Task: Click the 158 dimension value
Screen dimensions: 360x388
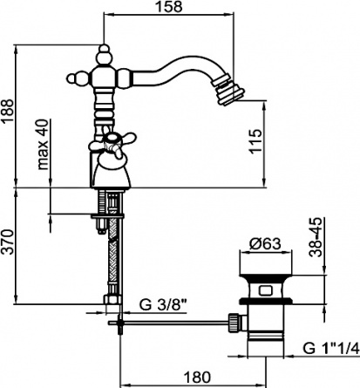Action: pos(170,7)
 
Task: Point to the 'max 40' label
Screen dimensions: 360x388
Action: pos(44,145)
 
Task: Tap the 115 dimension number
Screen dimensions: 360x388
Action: pos(255,141)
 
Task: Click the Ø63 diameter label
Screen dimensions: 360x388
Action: pos(265,244)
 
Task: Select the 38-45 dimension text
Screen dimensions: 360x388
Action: pos(316,237)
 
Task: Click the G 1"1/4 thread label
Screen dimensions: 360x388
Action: pos(330,348)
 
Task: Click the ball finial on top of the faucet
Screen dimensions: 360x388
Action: pos(105,54)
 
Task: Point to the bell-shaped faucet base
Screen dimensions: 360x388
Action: pos(112,172)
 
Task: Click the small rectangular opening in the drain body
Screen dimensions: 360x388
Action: pos(266,290)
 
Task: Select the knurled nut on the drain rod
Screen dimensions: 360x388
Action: pos(234,323)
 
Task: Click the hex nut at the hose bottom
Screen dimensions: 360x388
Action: pos(112,299)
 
